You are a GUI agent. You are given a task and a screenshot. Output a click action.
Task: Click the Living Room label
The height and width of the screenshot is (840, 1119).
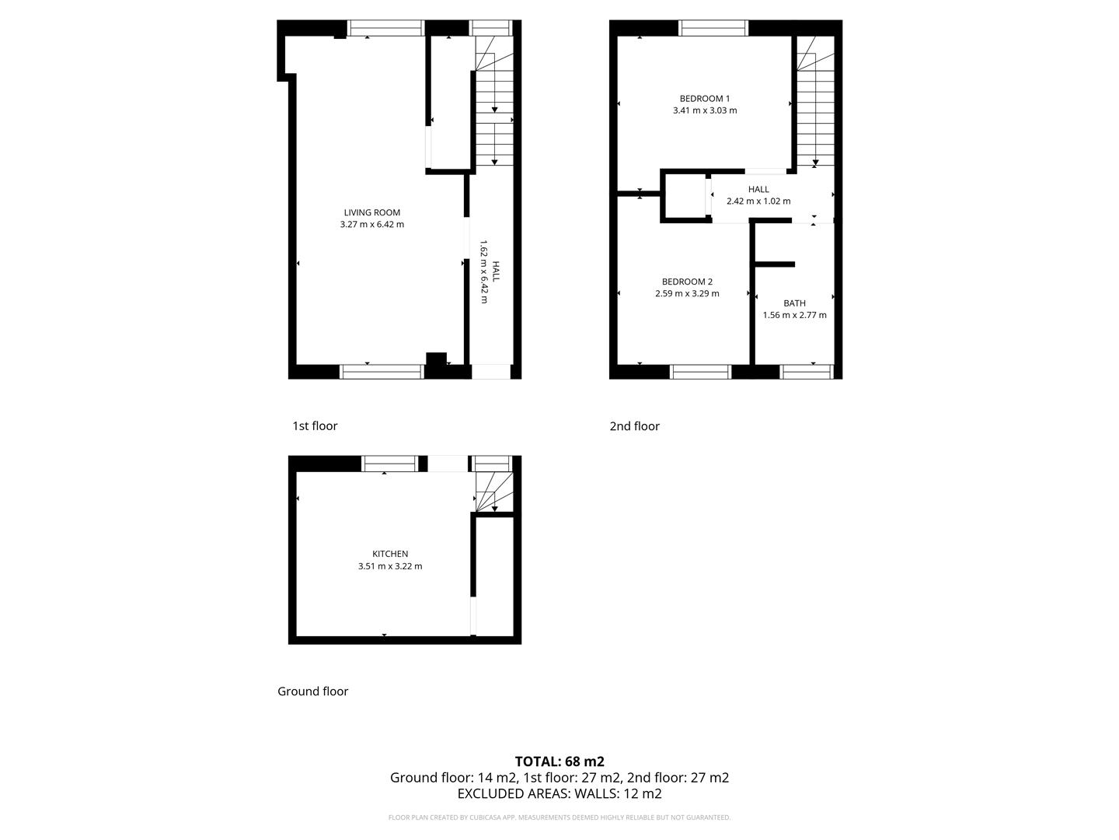pos(371,212)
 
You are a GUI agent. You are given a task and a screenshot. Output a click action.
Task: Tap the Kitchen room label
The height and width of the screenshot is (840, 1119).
pos(390,554)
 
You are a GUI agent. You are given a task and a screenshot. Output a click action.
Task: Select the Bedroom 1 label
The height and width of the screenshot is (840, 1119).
pos(704,99)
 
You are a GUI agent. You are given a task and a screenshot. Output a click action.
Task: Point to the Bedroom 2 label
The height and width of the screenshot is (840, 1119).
pos(687,282)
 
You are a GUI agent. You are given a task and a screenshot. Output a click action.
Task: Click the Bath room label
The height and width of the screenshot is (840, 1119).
pos(794,303)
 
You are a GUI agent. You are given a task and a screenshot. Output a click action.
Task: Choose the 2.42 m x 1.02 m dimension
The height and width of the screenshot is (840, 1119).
pos(758,201)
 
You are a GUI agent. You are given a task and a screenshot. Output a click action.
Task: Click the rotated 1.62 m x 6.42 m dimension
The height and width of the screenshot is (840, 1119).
pos(483,271)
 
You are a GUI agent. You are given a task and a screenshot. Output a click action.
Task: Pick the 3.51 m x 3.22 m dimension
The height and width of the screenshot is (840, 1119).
pos(390,566)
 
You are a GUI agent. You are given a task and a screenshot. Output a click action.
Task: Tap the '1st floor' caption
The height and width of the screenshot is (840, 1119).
pos(315,425)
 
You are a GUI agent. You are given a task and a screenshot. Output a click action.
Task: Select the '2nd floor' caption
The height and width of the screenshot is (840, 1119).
pos(634,426)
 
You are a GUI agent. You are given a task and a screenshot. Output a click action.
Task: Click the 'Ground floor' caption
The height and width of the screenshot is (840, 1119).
pos(312,691)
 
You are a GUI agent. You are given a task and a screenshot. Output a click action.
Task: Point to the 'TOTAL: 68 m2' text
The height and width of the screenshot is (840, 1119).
pos(559,761)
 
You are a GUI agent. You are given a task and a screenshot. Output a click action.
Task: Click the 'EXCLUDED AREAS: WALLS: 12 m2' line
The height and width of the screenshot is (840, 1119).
pos(559,794)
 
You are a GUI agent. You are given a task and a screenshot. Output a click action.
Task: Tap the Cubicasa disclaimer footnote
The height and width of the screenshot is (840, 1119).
pos(559,817)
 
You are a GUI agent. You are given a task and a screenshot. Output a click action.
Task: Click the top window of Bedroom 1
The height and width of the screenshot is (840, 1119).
pos(713,29)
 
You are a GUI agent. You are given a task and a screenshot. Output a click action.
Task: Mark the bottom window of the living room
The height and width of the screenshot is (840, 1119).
pos(382,372)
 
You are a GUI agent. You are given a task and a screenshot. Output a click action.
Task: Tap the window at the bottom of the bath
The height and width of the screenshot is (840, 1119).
pos(807,372)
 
